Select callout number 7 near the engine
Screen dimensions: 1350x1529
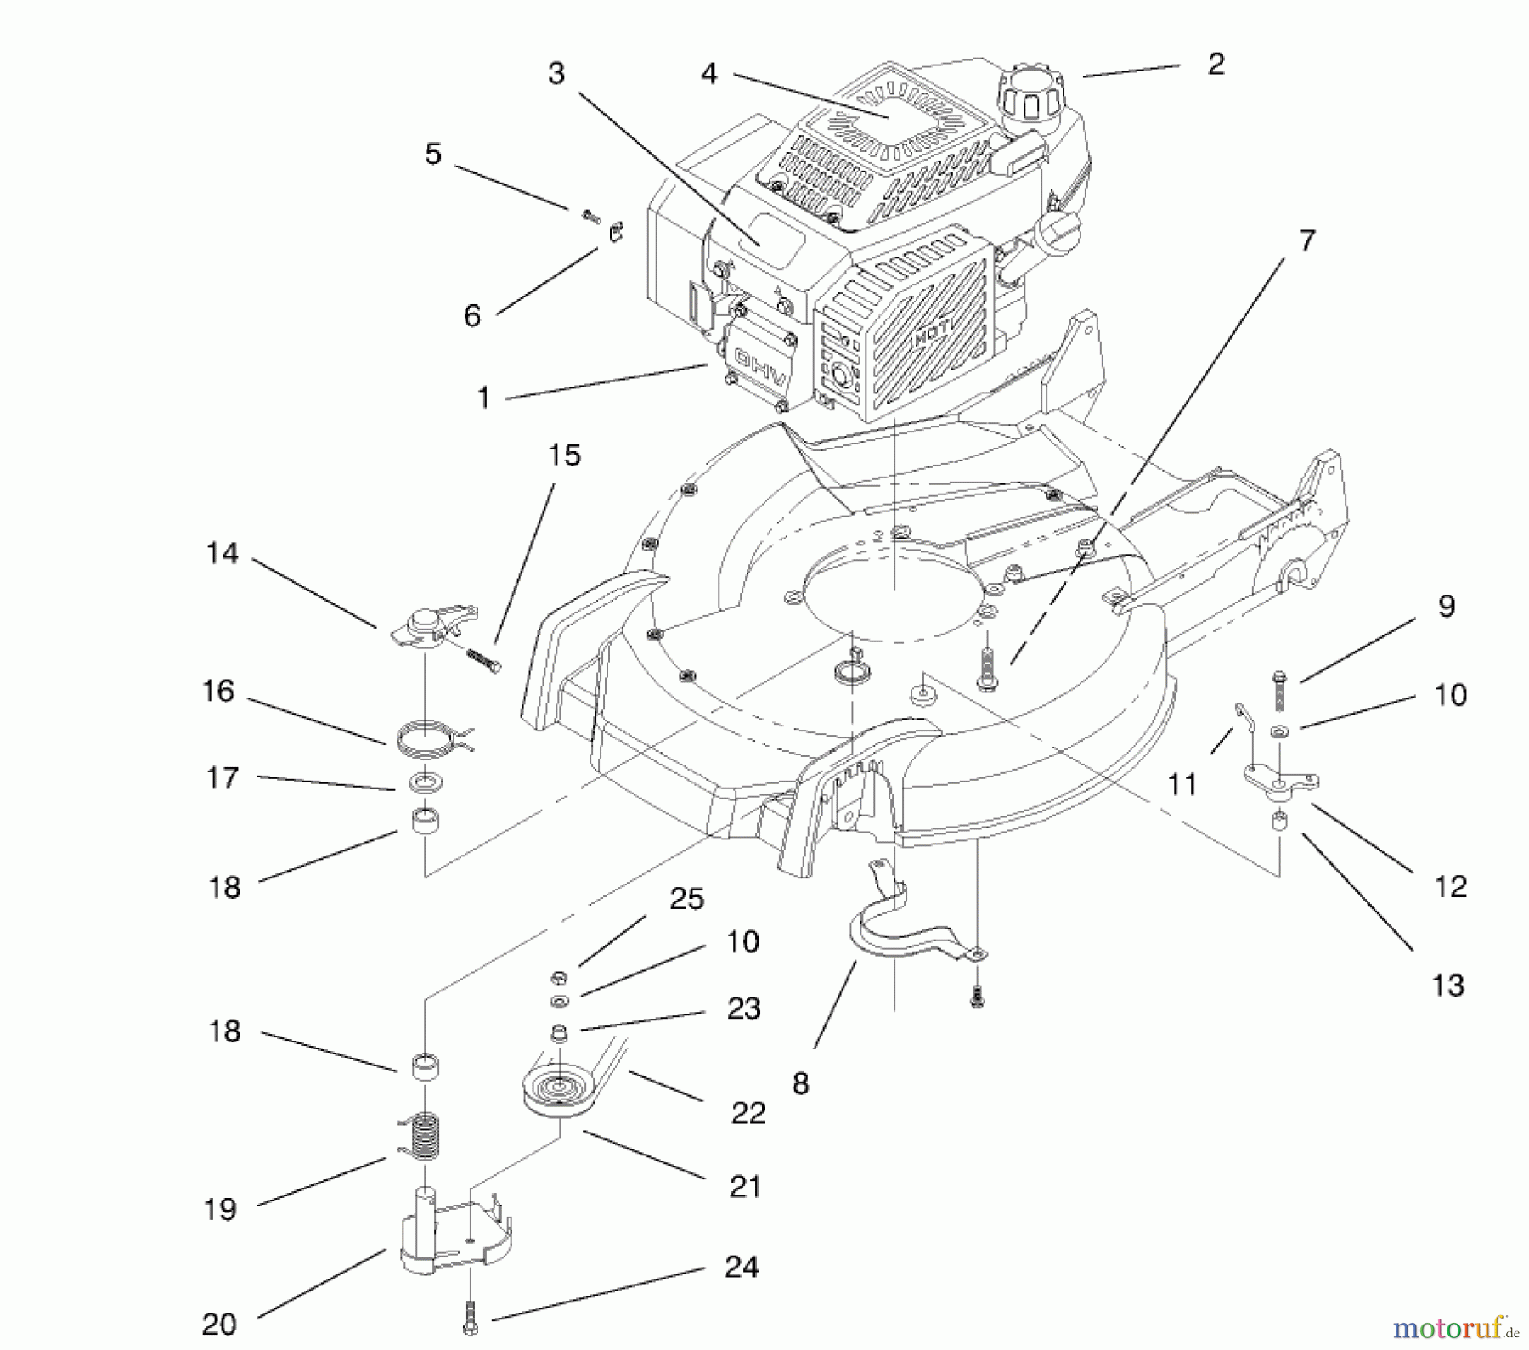[1306, 241]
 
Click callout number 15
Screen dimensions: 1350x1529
[564, 456]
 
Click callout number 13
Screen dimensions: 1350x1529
[1447, 986]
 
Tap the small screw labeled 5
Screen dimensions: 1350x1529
[591, 217]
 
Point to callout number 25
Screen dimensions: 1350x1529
[686, 900]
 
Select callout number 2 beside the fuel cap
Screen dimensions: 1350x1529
[1216, 65]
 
